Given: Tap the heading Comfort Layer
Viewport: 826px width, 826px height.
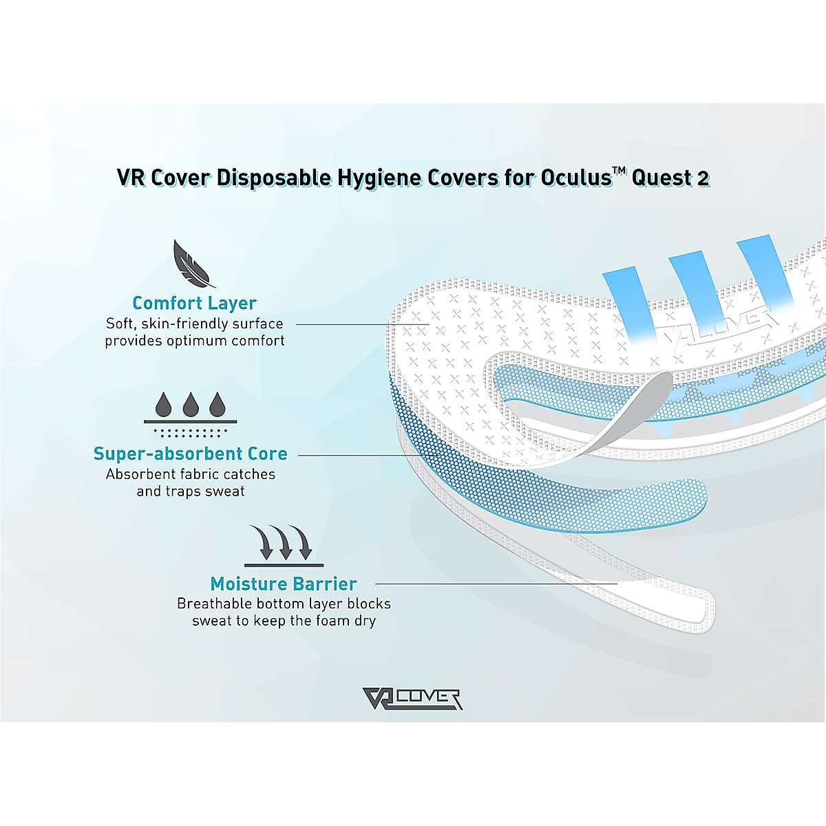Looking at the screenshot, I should [x=194, y=303].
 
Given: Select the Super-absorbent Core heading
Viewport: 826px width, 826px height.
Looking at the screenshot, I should [x=191, y=454].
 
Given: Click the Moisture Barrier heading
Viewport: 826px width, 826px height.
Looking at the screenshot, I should [x=283, y=584].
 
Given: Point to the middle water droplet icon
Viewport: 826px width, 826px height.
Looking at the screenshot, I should [x=191, y=405].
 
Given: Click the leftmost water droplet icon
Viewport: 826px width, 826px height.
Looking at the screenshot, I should [x=164, y=405].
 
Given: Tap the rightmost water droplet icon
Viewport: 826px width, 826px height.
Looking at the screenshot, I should [x=218, y=405].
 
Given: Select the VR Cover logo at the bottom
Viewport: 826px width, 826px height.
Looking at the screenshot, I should [x=412, y=699].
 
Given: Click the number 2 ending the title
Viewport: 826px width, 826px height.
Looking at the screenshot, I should [x=702, y=178].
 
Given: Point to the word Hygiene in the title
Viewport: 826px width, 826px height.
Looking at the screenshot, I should [x=379, y=178].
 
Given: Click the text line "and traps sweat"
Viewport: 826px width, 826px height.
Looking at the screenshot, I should [x=191, y=491].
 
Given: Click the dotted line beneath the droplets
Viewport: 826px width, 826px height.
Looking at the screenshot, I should [x=190, y=433].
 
